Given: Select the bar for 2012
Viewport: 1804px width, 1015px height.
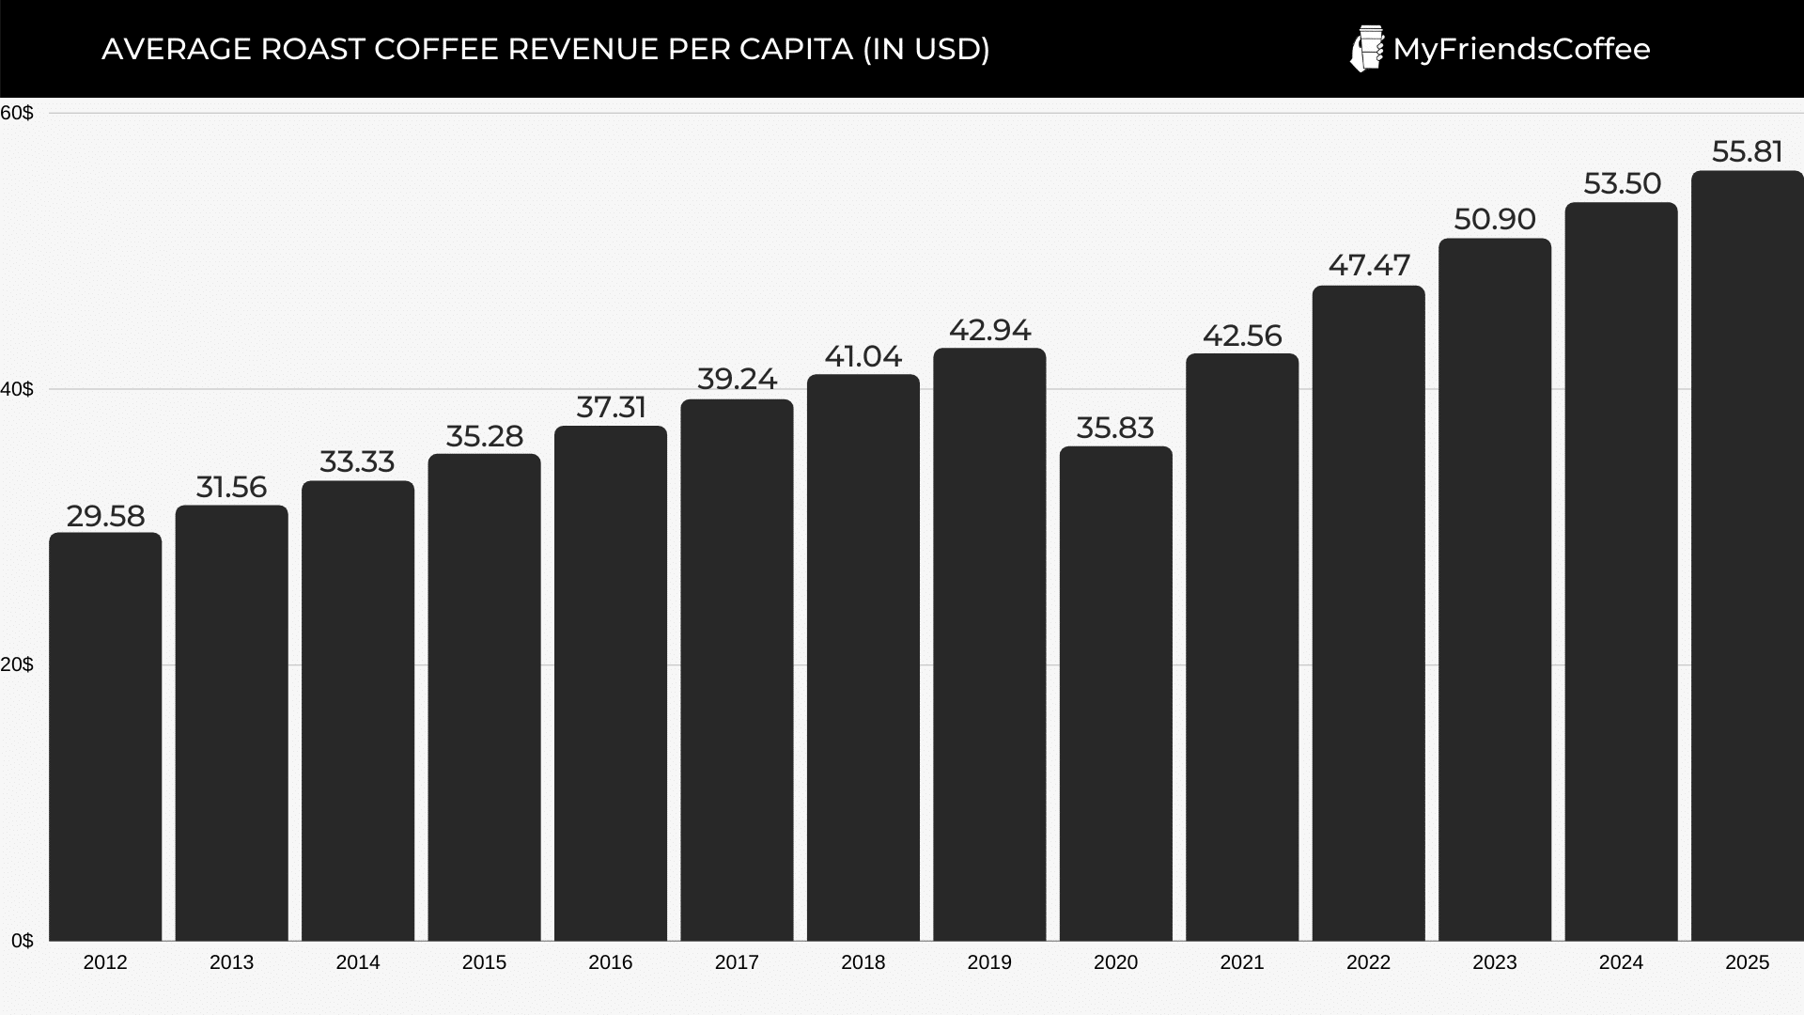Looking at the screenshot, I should (x=105, y=737).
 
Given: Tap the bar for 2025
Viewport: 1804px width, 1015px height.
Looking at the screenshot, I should (x=1747, y=555).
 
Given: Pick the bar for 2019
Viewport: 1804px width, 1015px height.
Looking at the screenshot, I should (x=989, y=645).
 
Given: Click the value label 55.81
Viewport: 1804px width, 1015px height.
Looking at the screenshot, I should (x=1747, y=151).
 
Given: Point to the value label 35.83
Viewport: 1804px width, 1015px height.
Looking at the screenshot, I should (x=1115, y=428).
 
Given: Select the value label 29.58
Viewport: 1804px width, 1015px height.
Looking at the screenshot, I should (x=105, y=516).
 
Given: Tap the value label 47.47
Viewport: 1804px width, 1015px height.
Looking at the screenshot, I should (x=1368, y=266).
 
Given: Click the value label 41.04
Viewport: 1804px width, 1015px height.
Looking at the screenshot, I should (x=863, y=356).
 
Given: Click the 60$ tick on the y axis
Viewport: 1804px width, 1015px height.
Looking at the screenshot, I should (x=17, y=113).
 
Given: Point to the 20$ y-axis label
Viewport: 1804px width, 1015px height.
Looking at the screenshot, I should (x=17, y=664).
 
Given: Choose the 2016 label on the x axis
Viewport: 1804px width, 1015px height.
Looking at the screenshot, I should (x=611, y=962).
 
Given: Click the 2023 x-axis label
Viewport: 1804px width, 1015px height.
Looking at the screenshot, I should (x=1494, y=962).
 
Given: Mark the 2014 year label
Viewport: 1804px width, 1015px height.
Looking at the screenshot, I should (x=358, y=962).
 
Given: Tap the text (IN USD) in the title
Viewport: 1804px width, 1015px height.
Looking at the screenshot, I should (x=925, y=49).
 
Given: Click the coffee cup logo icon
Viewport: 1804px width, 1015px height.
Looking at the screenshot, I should (x=1366, y=49).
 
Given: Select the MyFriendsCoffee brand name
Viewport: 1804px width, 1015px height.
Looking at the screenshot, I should (x=1521, y=49).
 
